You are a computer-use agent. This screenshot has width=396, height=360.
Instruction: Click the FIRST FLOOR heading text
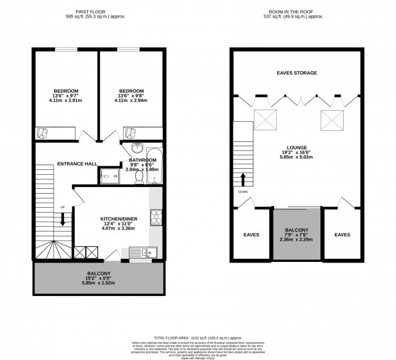tap(99, 12)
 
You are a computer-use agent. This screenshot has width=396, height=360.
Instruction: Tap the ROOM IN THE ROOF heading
tap(297, 12)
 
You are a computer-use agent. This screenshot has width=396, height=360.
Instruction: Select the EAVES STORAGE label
tap(297, 73)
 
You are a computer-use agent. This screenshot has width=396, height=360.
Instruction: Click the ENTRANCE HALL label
tap(77, 164)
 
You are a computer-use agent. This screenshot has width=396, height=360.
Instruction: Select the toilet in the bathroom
tap(139, 177)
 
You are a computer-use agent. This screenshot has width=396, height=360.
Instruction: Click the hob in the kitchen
tap(155, 217)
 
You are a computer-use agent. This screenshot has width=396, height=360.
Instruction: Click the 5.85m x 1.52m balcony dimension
tap(99, 283)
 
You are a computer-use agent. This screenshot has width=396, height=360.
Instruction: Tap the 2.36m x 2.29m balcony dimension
tap(297, 239)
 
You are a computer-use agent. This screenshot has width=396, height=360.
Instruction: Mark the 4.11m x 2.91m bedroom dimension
tap(66, 101)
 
